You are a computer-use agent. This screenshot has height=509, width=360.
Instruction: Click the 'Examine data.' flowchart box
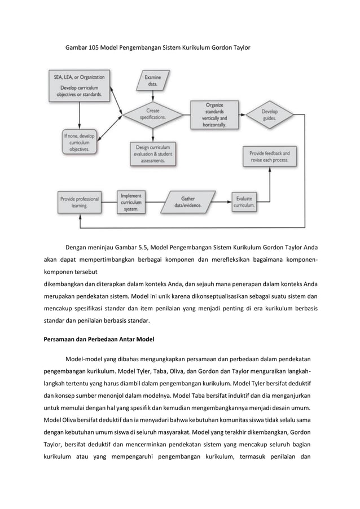click(153, 80)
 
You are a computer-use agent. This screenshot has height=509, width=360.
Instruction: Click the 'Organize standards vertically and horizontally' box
click(210, 115)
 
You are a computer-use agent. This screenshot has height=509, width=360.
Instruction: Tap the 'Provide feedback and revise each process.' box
click(270, 156)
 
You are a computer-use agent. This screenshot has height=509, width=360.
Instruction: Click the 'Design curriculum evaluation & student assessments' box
click(153, 153)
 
